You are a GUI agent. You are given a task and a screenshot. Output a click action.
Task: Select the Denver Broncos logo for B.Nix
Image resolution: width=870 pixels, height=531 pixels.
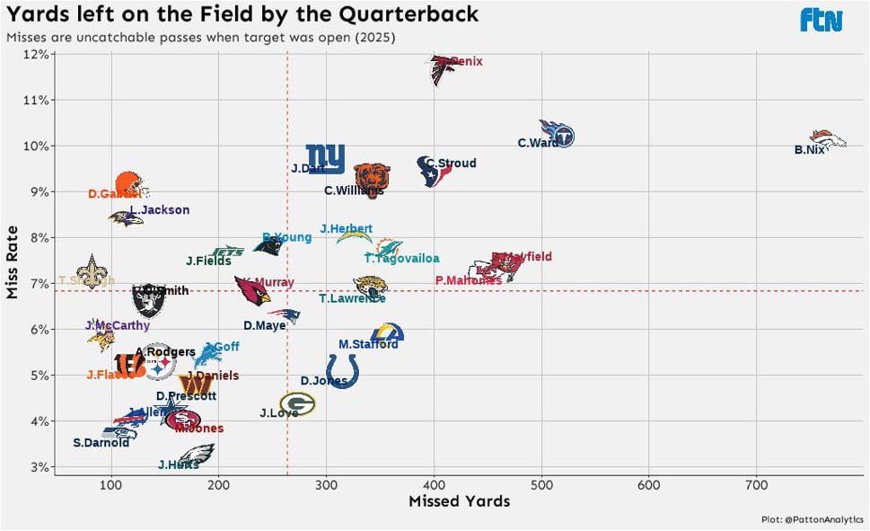pyautogui.click(x=827, y=138)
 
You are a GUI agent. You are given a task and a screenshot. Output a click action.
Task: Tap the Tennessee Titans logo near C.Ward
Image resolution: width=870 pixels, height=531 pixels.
pyautogui.click(x=557, y=134)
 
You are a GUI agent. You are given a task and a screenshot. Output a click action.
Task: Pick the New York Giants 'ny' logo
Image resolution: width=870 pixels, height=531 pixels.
pyautogui.click(x=325, y=159)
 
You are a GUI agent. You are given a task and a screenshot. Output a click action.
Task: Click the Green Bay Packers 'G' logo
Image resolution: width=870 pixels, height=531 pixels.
pyautogui.click(x=297, y=404)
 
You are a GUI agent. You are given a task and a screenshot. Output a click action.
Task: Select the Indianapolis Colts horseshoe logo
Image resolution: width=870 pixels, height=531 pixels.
pyautogui.click(x=342, y=369)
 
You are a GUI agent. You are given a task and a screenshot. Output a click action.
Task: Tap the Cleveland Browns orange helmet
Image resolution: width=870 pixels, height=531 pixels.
pyautogui.click(x=130, y=184)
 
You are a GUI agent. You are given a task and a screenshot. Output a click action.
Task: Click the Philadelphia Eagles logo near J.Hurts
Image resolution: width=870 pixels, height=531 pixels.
pyautogui.click(x=197, y=455)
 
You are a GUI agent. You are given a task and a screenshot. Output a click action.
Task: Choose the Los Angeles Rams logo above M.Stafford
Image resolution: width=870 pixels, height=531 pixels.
pyautogui.click(x=387, y=333)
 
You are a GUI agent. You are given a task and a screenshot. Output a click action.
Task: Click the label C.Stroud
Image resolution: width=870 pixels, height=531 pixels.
pyautogui.click(x=452, y=164)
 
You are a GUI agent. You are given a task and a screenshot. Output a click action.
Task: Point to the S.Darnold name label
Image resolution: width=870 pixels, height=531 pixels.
pyautogui.click(x=101, y=443)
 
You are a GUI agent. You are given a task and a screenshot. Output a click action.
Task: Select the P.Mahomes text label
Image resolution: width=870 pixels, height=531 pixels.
pyautogui.click(x=468, y=280)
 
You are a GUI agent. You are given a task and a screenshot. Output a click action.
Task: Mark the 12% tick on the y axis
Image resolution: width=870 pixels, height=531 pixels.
pyautogui.click(x=35, y=54)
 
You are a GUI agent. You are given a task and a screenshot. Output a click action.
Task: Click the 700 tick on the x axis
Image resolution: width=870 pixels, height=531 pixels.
pyautogui.click(x=756, y=486)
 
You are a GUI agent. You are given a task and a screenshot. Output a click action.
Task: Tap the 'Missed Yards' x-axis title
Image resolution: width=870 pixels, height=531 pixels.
pyautogui.click(x=459, y=501)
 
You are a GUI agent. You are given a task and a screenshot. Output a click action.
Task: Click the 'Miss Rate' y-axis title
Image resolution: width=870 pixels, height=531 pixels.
pyautogui.click(x=13, y=262)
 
